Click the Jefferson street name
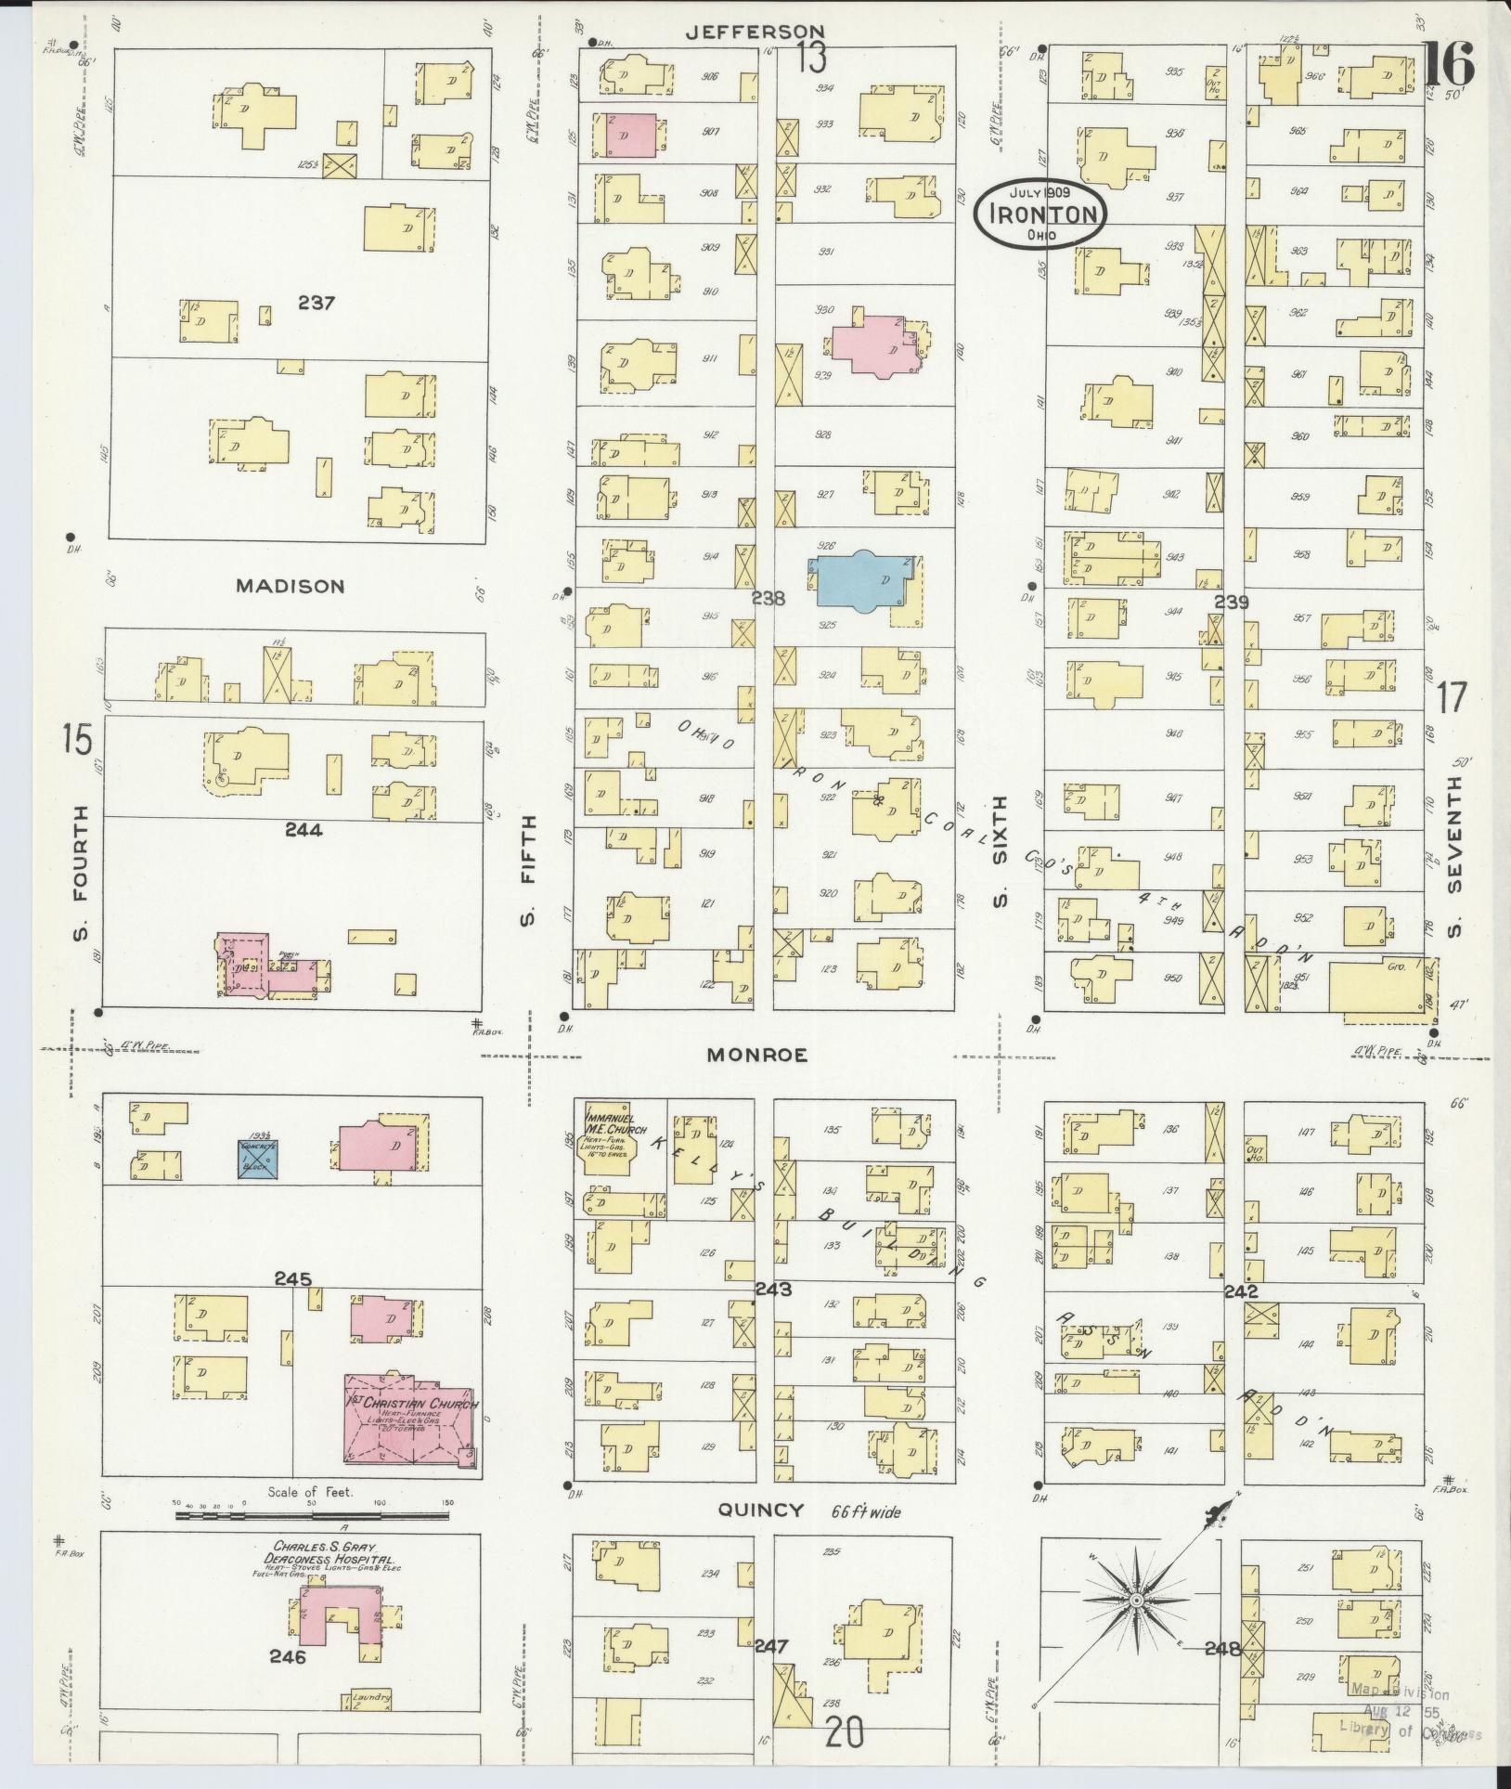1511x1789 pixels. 754,32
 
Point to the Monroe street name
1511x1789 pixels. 756,1055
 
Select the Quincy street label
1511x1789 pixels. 761,1510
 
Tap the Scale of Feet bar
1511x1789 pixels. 312,1516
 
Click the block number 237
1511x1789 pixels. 316,303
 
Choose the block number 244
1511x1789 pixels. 303,830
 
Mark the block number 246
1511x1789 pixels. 288,1656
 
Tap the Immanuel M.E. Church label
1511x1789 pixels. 608,1118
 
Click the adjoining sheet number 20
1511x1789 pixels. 844,1732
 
